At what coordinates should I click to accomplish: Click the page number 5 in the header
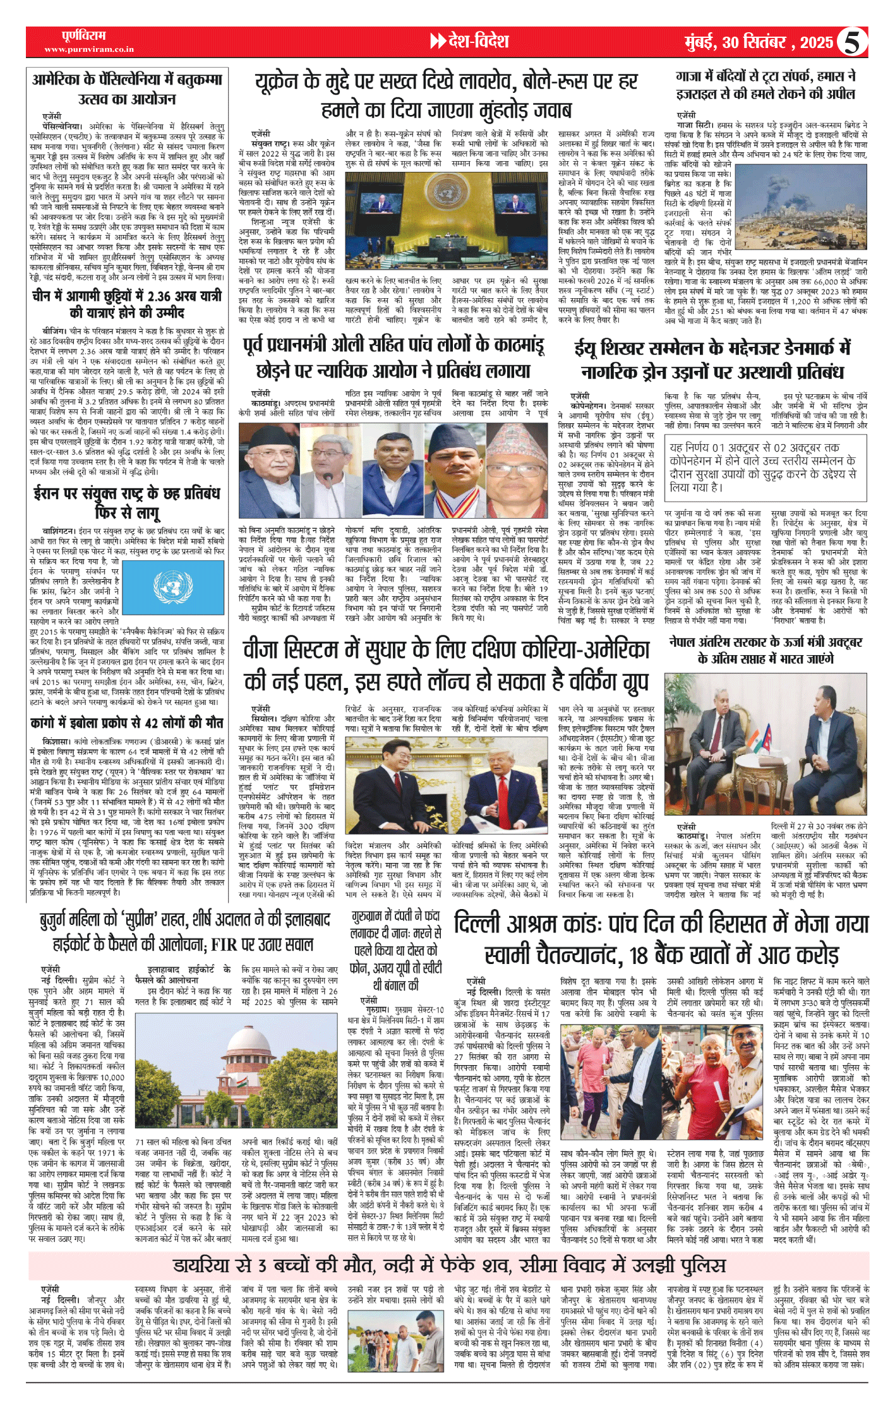pyautogui.click(x=853, y=42)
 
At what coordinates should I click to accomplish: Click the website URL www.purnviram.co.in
pyautogui.click(x=89, y=49)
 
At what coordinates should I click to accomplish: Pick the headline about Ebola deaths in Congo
pyautogui.click(x=126, y=723)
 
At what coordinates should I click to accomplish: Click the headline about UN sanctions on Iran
pyautogui.click(x=126, y=502)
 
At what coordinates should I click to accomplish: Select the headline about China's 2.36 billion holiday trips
pyautogui.click(x=126, y=304)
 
